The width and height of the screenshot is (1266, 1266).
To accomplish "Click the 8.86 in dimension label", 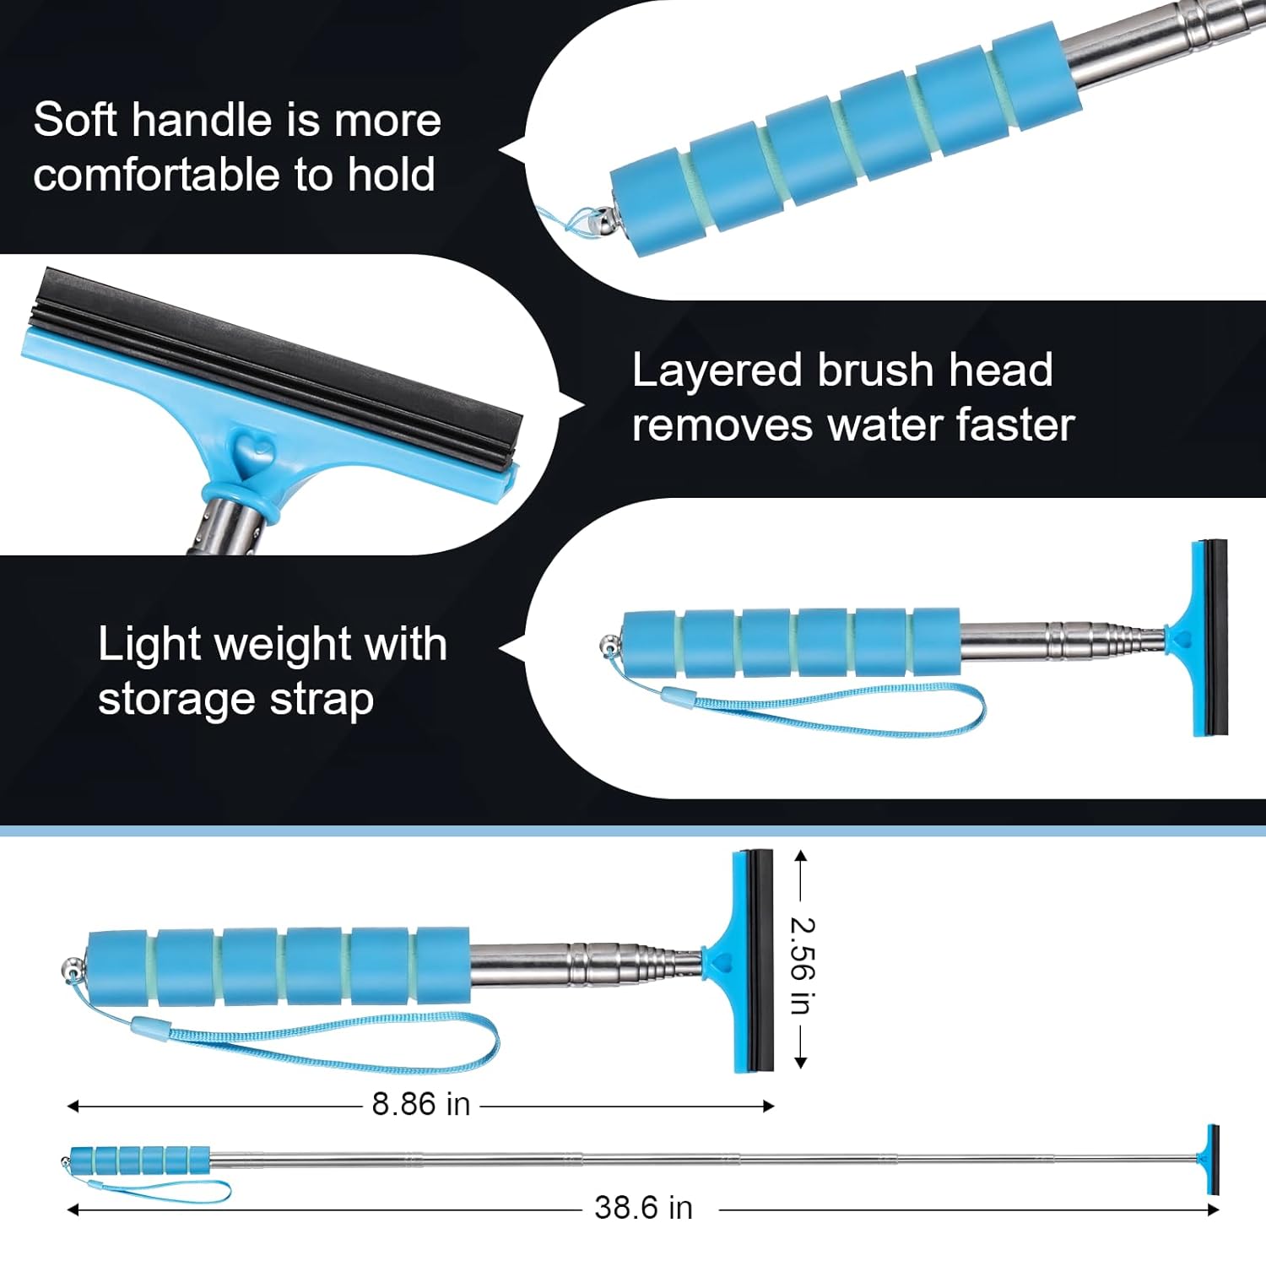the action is (420, 1104).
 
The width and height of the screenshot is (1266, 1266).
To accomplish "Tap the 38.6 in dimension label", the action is (643, 1208).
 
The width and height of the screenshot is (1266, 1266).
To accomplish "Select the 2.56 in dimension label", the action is (801, 966).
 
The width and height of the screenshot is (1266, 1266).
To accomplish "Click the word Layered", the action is (717, 371).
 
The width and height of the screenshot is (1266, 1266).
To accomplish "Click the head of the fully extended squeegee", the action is (1212, 1159).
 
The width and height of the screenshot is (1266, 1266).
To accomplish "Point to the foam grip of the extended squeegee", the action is (140, 1160).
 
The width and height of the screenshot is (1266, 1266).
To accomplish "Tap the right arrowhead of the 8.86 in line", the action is (768, 1106).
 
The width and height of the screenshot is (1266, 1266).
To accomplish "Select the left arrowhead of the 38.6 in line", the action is (73, 1209).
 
